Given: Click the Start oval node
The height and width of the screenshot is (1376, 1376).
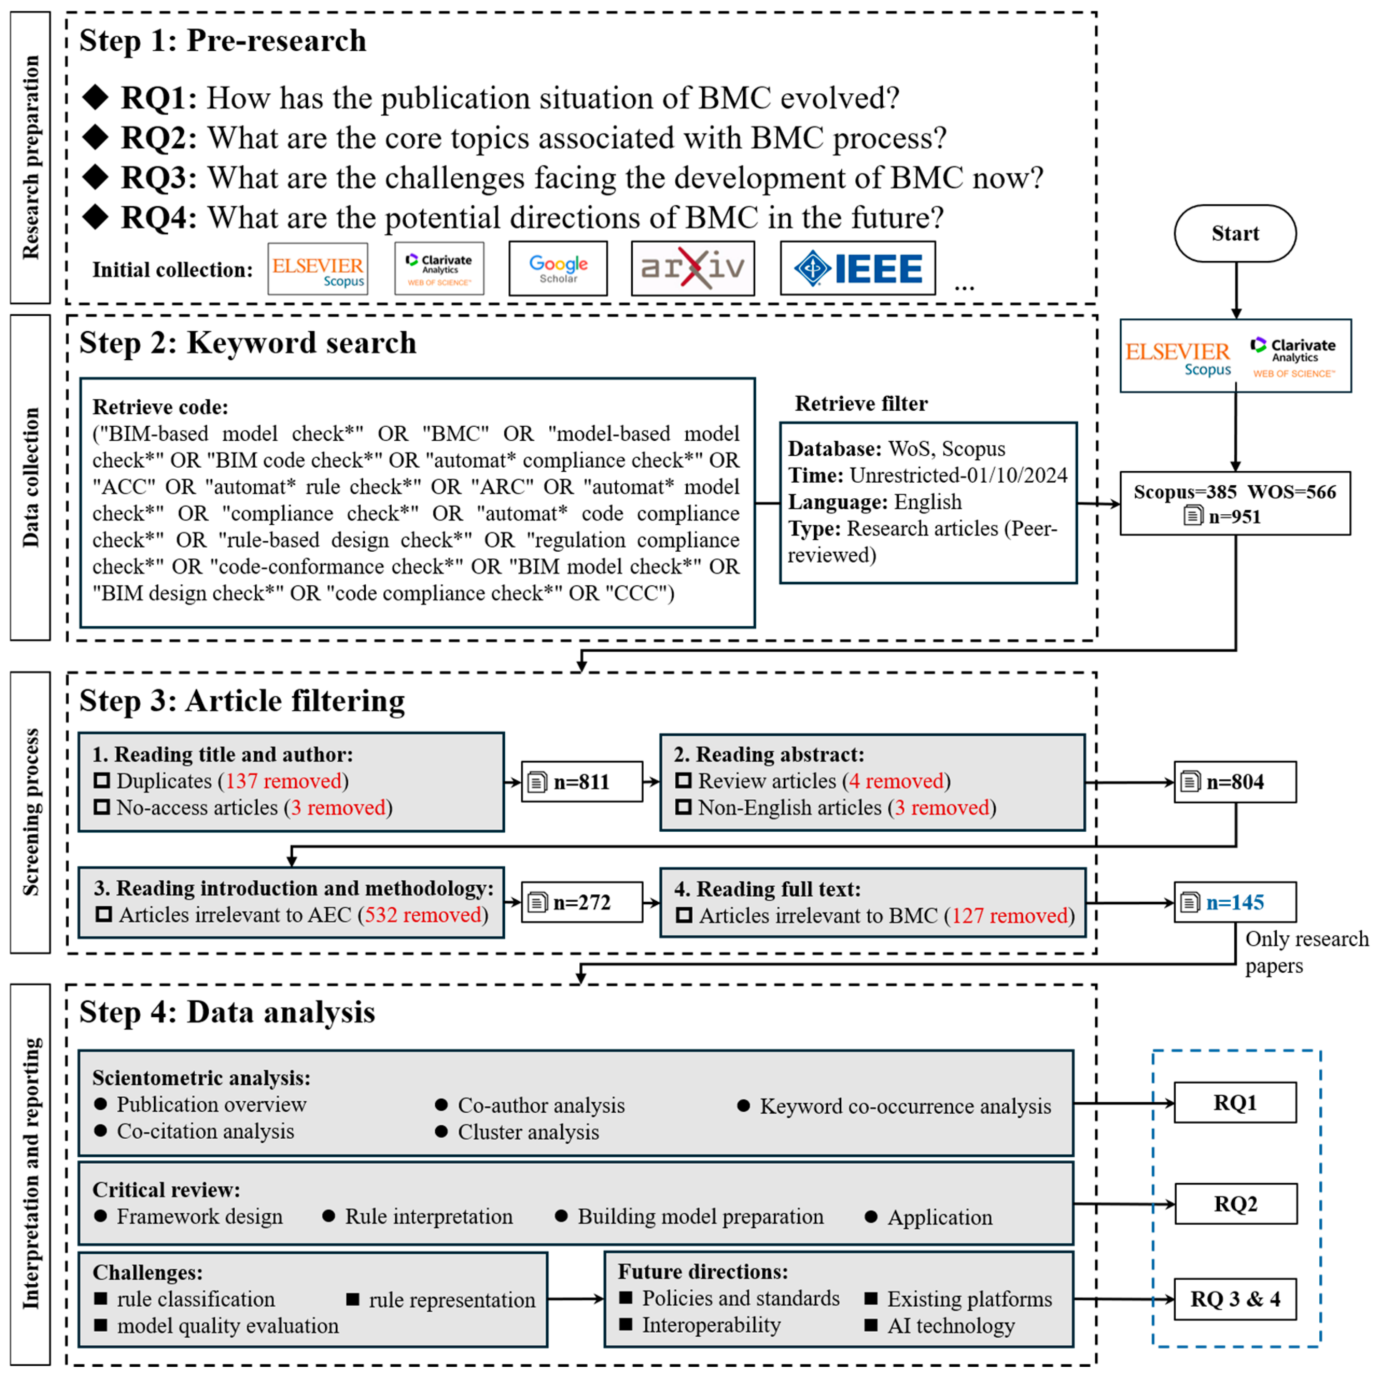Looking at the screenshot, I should (x=1235, y=234).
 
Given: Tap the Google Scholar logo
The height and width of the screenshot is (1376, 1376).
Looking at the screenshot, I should (x=558, y=269).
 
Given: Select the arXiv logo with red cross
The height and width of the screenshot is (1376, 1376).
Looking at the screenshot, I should (x=692, y=269).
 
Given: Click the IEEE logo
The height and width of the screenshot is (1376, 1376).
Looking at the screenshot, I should (x=858, y=269).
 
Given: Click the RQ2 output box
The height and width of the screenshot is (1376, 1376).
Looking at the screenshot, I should (x=1235, y=1204).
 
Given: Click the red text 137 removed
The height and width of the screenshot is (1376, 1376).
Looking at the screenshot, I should (x=284, y=781).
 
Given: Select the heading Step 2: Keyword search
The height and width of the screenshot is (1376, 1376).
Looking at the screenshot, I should (x=247, y=342).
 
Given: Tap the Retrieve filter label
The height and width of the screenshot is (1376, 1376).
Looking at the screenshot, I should (x=861, y=404).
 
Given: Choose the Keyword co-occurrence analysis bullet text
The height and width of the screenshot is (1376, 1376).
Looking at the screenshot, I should (x=905, y=1106).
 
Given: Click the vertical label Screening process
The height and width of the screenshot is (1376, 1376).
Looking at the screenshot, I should (x=30, y=812).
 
